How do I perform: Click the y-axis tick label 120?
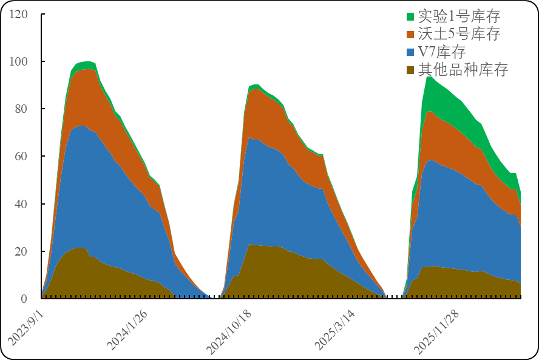pyautogui.click(x=19, y=14)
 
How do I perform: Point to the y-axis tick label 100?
pyautogui.click(x=19, y=61)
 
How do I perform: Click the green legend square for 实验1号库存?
pyautogui.click(x=410, y=16)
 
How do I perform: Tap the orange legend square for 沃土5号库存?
pyautogui.click(x=410, y=34)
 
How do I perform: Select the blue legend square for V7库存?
pyautogui.click(x=410, y=52)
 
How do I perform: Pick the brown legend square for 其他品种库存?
pyautogui.click(x=410, y=69)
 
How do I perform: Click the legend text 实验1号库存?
pyautogui.click(x=459, y=16)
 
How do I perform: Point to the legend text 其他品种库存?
pyautogui.click(x=463, y=69)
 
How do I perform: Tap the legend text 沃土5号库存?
pyautogui.click(x=459, y=34)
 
